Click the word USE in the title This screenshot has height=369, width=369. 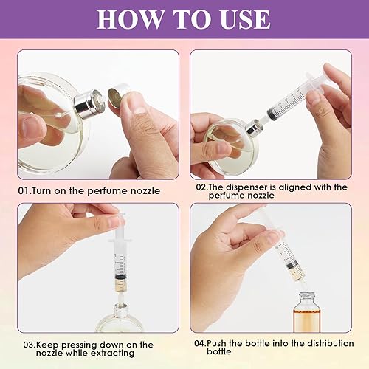pos(247,19)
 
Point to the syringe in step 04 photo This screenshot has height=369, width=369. pos(285,252)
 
